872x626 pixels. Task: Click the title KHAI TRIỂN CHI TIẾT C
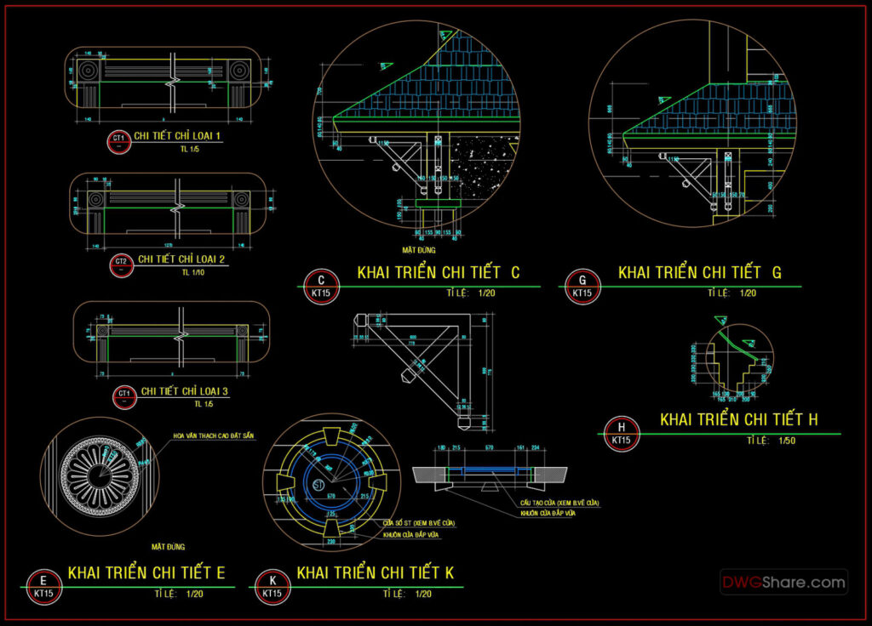[x=438, y=273]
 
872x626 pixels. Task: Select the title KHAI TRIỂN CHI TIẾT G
[x=699, y=273]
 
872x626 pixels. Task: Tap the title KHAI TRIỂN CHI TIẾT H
[x=739, y=419]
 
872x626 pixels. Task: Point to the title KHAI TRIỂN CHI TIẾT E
[x=146, y=573]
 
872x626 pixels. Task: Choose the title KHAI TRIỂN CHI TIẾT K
[x=376, y=573]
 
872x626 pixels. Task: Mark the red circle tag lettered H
[x=622, y=432]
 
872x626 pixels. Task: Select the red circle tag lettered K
[x=272, y=584]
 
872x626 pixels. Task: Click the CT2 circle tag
[x=121, y=264]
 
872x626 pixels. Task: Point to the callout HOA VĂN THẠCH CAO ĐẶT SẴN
[x=213, y=435]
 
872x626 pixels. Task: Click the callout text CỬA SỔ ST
[x=418, y=521]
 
